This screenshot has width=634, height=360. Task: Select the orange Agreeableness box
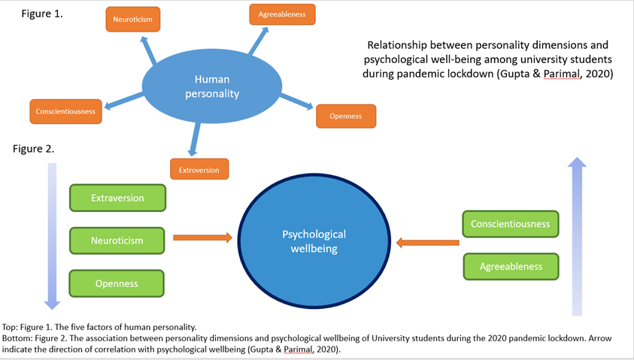[x=282, y=14]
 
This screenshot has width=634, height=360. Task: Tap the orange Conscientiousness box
[x=65, y=111]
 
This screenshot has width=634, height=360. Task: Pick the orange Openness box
[x=346, y=116]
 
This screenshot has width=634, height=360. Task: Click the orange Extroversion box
[x=199, y=169]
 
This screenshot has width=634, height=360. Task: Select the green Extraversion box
[x=117, y=198]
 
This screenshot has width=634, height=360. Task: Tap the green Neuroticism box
[x=117, y=241]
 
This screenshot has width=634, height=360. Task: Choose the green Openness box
[x=117, y=283]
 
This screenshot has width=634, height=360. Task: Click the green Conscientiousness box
[x=510, y=224]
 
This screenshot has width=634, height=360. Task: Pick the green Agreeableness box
[x=510, y=266]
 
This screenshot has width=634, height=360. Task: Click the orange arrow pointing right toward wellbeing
[x=202, y=237]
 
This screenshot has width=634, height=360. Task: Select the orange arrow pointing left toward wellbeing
[x=427, y=242]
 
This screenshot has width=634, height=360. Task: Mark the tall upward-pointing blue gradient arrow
[x=576, y=236]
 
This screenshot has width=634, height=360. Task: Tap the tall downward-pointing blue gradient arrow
[x=51, y=236]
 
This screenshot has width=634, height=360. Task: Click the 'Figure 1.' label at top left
[x=42, y=14]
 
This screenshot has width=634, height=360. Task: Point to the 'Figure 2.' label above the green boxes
[x=33, y=149]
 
